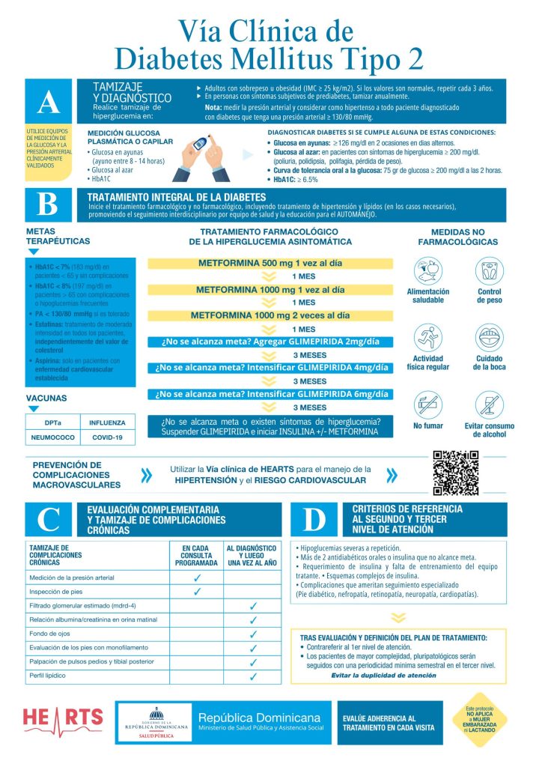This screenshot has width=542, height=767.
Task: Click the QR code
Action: tap(455, 473)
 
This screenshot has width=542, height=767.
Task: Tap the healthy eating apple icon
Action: tap(427, 270)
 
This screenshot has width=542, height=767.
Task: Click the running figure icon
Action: tap(427, 339)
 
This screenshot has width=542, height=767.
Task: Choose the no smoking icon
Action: tap(427, 405)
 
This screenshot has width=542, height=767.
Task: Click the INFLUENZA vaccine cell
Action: tap(108, 422)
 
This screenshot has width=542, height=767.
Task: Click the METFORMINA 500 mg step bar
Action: tap(271, 264)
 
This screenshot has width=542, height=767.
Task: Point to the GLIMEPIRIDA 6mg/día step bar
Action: tap(271, 394)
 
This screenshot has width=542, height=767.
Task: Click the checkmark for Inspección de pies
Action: tap(198, 592)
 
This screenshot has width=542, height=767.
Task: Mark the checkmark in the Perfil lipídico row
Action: tap(253, 676)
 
